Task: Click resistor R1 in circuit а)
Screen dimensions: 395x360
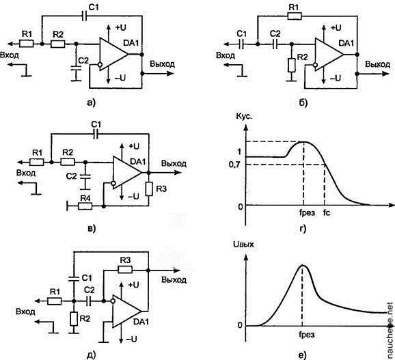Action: (x=27, y=44)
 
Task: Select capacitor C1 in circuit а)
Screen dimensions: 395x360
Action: (x=84, y=16)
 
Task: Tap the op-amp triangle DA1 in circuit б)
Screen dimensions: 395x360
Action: (x=329, y=54)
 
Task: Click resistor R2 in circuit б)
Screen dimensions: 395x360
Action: (x=291, y=65)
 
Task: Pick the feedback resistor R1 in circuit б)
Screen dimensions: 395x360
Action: (x=295, y=16)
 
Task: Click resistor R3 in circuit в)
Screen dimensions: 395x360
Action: (x=149, y=189)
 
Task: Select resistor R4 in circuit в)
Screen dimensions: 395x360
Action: (x=85, y=206)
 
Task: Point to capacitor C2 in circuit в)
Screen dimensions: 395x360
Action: (x=85, y=176)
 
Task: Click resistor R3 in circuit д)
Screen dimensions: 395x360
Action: (x=125, y=270)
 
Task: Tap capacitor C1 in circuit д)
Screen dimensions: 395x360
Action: (x=74, y=277)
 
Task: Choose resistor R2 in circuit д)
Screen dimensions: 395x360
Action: (x=74, y=319)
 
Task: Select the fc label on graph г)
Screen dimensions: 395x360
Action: (x=327, y=213)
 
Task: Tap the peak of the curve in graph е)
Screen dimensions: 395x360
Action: (x=302, y=265)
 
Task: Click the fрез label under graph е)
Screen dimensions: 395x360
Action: (x=307, y=335)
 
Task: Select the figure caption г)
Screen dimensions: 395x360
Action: (x=303, y=229)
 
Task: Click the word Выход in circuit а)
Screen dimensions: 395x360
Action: (x=162, y=64)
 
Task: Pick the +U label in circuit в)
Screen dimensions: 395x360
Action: (x=133, y=146)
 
